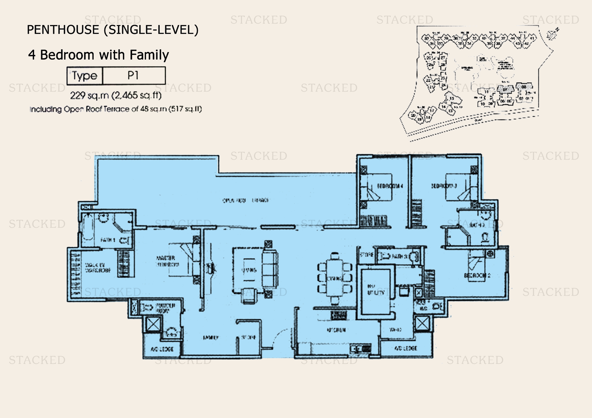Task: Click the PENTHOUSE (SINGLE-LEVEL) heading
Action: click(113, 30)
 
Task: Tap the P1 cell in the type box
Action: click(133, 76)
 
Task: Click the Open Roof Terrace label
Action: click(246, 200)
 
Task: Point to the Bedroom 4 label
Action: click(390, 186)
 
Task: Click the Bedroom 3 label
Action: click(444, 186)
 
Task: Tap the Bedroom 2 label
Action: click(477, 276)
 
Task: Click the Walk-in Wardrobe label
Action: click(97, 268)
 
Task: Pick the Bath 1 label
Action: click(108, 240)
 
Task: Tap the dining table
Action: click(335, 278)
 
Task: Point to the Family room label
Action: click(211, 338)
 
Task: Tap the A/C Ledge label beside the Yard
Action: click(405, 348)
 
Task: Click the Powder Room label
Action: click(165, 308)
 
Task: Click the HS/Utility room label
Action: click(375, 290)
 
